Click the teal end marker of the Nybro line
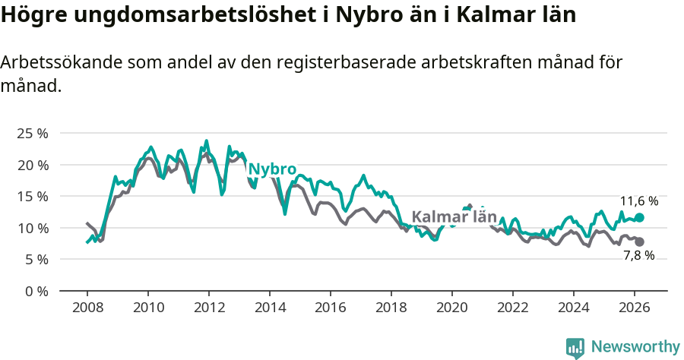click(639, 217)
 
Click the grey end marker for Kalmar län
click(639, 242)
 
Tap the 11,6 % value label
click(639, 201)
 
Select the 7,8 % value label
click(638, 256)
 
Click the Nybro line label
click(272, 169)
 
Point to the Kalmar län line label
click(454, 217)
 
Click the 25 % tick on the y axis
click(32, 133)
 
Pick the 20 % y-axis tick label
click(32, 165)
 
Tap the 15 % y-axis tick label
click(32, 196)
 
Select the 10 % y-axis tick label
click(32, 228)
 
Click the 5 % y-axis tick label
click(35, 259)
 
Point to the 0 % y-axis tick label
click(35, 291)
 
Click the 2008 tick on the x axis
click(87, 308)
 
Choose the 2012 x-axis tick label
click(209, 308)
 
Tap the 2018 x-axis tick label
click(391, 308)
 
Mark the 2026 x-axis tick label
click(635, 308)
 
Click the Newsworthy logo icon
click(575, 348)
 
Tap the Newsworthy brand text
click(635, 347)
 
